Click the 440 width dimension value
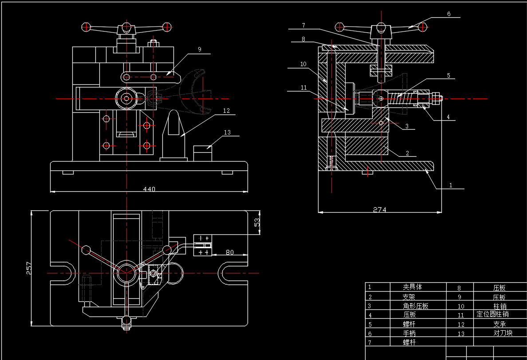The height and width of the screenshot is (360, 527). pyautogui.click(x=149, y=189)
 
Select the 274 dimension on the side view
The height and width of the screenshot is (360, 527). pyautogui.click(x=379, y=210)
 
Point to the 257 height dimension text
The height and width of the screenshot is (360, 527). pyautogui.click(x=29, y=268)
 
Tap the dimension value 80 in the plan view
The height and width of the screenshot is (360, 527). pyautogui.click(x=229, y=252)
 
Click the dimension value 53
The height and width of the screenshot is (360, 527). pyautogui.click(x=257, y=222)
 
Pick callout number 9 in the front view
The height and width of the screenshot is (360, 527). pyautogui.click(x=200, y=50)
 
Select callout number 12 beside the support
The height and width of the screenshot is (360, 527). pyautogui.click(x=227, y=111)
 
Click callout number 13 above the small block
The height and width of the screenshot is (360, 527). pyautogui.click(x=228, y=132)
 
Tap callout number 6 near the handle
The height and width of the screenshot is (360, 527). pyautogui.click(x=448, y=14)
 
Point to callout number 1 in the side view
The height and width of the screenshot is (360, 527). pyautogui.click(x=451, y=185)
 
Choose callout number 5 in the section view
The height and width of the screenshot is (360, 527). pyautogui.click(x=448, y=76)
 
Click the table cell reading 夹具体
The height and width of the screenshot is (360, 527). pyautogui.click(x=413, y=287)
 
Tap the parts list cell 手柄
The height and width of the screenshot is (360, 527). pyautogui.click(x=409, y=333)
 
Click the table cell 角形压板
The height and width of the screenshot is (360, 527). pyautogui.click(x=416, y=306)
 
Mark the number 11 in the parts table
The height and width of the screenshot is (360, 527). pyautogui.click(x=460, y=315)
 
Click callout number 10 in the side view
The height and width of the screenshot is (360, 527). pyautogui.click(x=303, y=64)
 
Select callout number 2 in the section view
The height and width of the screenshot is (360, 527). pyautogui.click(x=407, y=153)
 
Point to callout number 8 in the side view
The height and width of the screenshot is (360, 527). pyautogui.click(x=303, y=39)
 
